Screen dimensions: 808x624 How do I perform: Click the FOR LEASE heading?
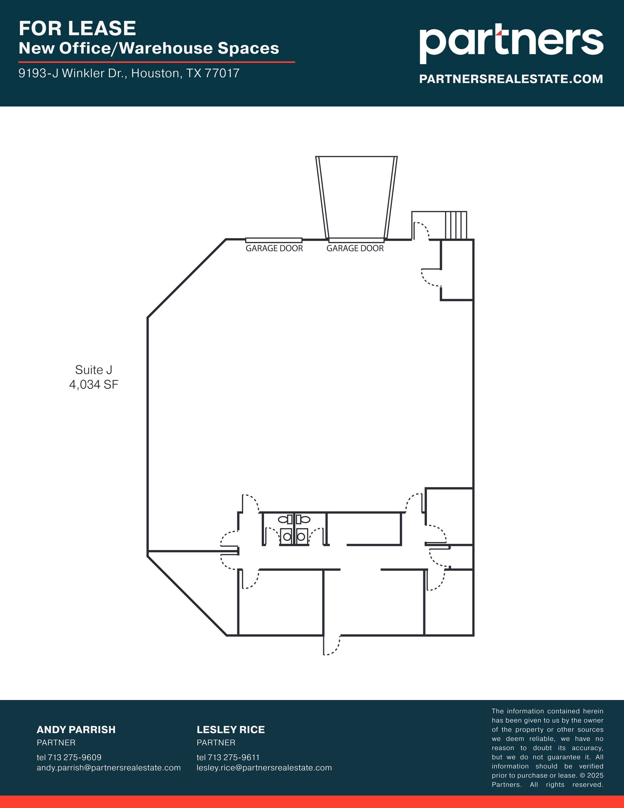pyautogui.click(x=77, y=28)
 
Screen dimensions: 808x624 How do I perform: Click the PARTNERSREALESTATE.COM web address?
pyautogui.click(x=511, y=79)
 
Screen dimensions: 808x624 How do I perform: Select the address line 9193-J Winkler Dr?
pyautogui.click(x=129, y=73)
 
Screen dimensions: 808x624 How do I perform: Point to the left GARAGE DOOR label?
pyautogui.click(x=274, y=249)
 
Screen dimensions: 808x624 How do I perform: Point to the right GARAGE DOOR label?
pyautogui.click(x=355, y=249)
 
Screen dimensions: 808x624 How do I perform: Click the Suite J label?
pyautogui.click(x=94, y=370)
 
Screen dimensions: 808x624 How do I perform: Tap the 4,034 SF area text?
pyautogui.click(x=94, y=385)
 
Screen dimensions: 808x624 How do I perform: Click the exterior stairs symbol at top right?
pyautogui.click(x=456, y=225)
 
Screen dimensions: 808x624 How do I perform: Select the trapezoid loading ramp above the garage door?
pyautogui.click(x=356, y=197)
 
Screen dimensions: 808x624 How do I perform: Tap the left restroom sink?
pyautogui.click(x=287, y=537)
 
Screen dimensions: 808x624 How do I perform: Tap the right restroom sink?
pyautogui.click(x=301, y=537)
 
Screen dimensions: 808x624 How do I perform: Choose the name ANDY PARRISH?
pyautogui.click(x=76, y=730)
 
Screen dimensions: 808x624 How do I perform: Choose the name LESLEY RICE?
pyautogui.click(x=231, y=730)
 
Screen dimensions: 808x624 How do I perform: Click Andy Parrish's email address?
pyautogui.click(x=108, y=768)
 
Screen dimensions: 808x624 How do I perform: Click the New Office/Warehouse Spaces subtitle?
pyautogui.click(x=149, y=49)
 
